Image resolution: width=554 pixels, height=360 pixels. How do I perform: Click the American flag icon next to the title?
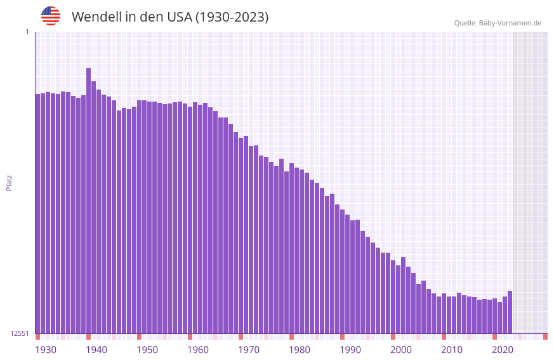[x=51, y=16]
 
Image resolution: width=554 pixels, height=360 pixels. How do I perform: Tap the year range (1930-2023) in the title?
[x=232, y=17]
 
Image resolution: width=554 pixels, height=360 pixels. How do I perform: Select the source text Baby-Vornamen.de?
[x=510, y=23]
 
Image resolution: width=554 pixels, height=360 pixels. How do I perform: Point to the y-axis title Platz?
[x=9, y=182]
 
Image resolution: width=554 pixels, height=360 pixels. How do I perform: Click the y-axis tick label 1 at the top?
[x=27, y=32]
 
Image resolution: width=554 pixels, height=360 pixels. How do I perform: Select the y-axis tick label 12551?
[x=20, y=333]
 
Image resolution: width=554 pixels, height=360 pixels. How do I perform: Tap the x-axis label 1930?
[x=46, y=350]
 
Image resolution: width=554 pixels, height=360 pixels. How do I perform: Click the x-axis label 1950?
[x=147, y=350]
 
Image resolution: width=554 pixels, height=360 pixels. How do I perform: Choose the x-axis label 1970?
[x=249, y=350]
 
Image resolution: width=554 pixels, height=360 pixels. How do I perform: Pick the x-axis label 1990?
[x=350, y=350]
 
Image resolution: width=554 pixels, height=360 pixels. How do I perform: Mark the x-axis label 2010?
[x=452, y=350]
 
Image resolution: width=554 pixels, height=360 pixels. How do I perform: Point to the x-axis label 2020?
[x=503, y=350]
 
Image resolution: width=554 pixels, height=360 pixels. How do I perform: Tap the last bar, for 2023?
[x=510, y=312]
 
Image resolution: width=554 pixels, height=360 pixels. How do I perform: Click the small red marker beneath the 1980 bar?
[x=291, y=337]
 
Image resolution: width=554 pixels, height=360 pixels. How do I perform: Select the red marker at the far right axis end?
[x=545, y=337]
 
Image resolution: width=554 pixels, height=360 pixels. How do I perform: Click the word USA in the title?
[x=177, y=17]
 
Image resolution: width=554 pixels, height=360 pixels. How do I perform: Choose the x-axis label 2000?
[x=401, y=350]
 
